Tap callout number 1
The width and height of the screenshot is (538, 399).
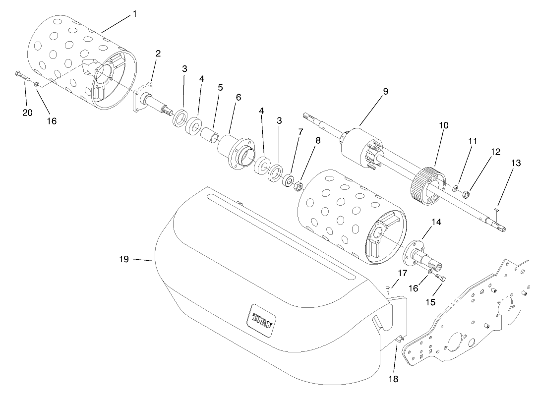click(x=134, y=14)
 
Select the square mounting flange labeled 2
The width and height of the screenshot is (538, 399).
click(x=142, y=98)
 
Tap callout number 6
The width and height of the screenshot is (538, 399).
click(x=239, y=98)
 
